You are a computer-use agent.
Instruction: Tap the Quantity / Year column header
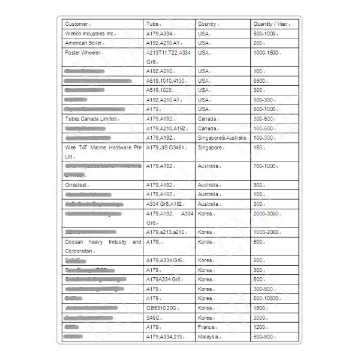272,24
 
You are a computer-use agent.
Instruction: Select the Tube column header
153,24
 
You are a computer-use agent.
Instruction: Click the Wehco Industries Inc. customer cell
89,34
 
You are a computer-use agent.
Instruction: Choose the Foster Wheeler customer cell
83,53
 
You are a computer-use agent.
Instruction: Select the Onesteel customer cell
76,185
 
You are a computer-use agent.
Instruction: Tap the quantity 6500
260,80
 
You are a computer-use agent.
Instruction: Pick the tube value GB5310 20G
163,308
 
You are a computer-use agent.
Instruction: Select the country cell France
206,327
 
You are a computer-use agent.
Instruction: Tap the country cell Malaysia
208,337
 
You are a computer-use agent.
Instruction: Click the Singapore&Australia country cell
222,137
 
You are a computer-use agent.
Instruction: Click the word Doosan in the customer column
75,242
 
